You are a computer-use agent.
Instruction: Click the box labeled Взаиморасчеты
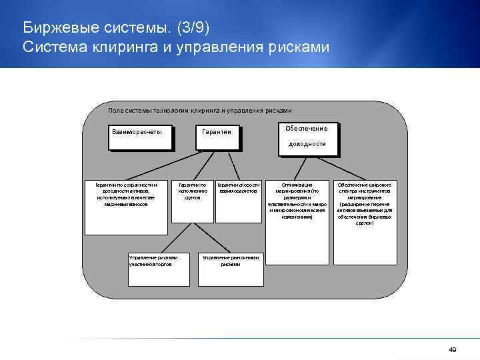point(140,137)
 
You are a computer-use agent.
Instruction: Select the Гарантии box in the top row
point(217,137)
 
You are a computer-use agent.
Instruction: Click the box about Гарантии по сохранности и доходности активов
point(126,206)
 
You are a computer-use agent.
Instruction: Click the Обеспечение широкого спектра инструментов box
point(365,206)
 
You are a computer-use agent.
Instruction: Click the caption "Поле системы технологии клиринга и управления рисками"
point(199,110)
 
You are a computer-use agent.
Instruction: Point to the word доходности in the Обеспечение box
point(307,144)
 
